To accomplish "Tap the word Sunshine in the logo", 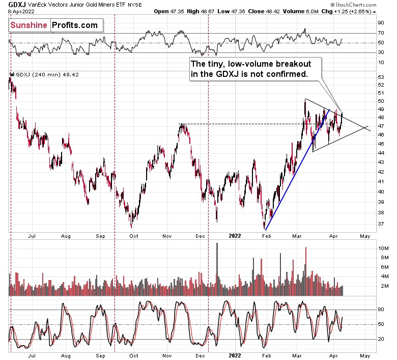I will coord(30,25).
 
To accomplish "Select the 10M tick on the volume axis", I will coord(383,248).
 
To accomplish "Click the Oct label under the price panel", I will coord(134,236).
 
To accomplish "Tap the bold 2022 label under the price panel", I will coord(235,236).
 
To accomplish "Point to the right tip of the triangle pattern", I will coord(368,126).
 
